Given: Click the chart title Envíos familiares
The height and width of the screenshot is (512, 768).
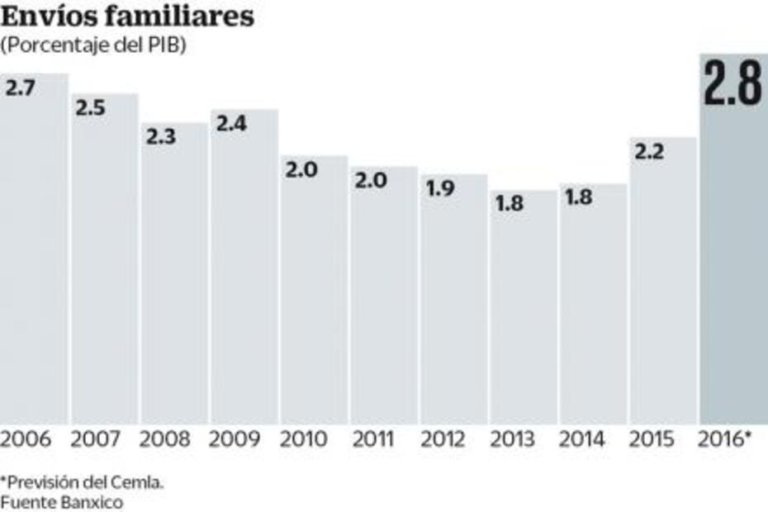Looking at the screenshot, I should point(128,17).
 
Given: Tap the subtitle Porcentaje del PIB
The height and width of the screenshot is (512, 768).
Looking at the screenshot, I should point(94,46).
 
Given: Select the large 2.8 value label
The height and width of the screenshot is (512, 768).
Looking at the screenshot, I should point(732,84).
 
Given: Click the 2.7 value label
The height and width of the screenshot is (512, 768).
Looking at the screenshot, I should point(20,88).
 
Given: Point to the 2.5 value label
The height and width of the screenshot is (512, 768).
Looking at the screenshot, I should point(89,108).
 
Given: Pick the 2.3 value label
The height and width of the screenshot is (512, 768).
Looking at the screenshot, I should point(160,137).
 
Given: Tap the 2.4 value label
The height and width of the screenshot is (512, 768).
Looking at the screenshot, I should point(230,124).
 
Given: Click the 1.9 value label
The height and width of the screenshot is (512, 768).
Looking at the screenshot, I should point(440,188).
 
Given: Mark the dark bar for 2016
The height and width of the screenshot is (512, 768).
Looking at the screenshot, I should point(733,273).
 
